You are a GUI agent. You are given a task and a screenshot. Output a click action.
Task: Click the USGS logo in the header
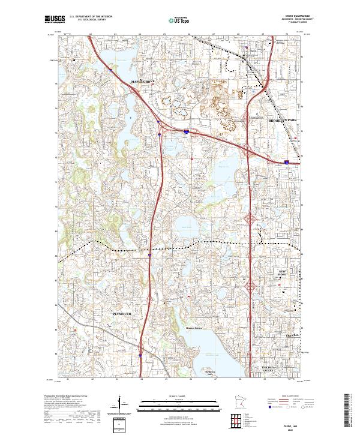click(x=55, y=19)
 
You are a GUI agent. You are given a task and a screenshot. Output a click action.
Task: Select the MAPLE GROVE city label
click(x=143, y=82)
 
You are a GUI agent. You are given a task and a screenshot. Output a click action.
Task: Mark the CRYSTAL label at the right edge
click(x=292, y=335)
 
